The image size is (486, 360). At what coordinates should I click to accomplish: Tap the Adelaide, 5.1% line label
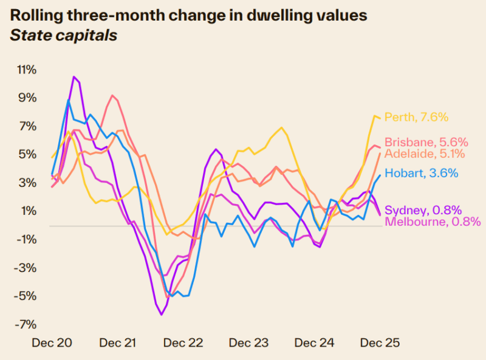coord(425,154)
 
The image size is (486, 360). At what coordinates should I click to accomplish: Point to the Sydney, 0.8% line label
coord(419,210)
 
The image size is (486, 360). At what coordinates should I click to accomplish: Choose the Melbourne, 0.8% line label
coord(433,222)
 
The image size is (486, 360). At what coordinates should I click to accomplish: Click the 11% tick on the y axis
coord(26,70)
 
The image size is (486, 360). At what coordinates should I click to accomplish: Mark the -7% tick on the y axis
coord(26,324)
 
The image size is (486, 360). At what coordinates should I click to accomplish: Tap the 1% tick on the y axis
coord(29,211)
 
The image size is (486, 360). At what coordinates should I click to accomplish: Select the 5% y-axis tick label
coord(28,154)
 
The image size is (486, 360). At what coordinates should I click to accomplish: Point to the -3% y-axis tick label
coord(26,268)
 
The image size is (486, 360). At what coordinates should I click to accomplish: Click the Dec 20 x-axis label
coord(52,343)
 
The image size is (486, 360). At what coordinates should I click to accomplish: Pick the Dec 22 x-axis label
coord(183,343)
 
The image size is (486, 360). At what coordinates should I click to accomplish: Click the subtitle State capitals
coord(64,36)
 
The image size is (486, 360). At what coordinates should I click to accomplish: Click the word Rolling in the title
coord(35,15)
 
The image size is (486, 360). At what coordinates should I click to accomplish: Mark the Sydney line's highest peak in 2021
coord(74,76)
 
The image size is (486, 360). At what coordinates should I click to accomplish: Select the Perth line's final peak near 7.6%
coord(375,115)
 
